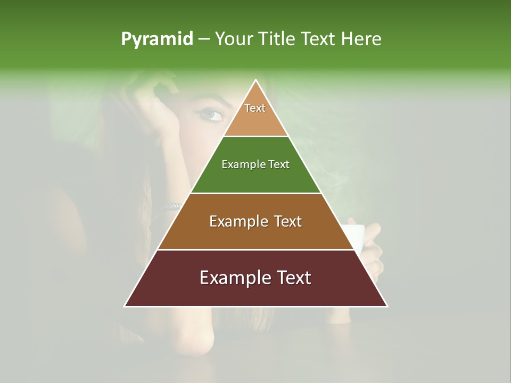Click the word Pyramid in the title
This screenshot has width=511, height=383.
156,39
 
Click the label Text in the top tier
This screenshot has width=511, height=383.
255,108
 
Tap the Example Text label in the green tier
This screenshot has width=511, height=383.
256,164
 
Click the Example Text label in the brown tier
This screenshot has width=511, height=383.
256,221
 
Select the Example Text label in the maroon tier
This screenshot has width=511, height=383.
256,278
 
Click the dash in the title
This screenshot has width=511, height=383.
203,39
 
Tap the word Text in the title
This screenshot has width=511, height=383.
318,39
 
